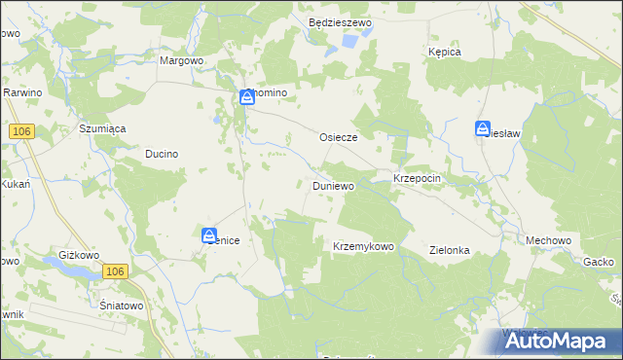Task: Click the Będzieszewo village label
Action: click(x=340, y=21)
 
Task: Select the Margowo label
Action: click(x=180, y=59)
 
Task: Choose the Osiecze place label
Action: click(x=339, y=138)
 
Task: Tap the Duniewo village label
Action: click(x=333, y=184)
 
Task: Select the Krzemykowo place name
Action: click(x=363, y=247)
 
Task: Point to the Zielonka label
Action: click(x=450, y=250)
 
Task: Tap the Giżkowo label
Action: click(x=80, y=255)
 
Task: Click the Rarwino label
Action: click(x=20, y=91)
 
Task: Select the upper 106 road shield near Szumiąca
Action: click(x=21, y=130)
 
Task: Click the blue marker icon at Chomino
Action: click(x=247, y=97)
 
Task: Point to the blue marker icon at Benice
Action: click(x=209, y=235)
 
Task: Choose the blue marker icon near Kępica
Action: click(x=483, y=128)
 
